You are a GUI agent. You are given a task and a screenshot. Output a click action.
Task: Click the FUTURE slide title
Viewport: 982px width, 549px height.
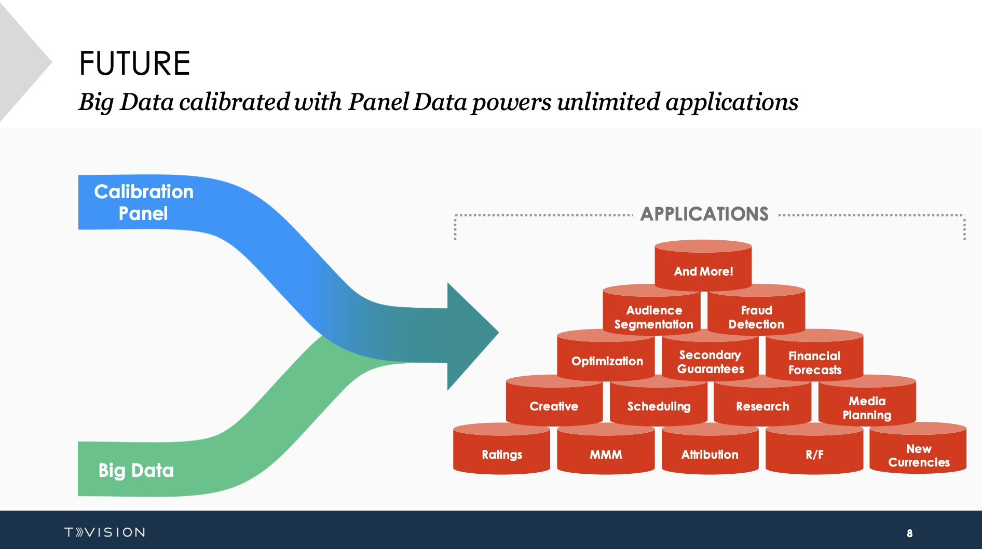point(134,63)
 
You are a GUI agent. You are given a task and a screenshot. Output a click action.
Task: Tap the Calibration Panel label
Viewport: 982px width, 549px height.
point(144,202)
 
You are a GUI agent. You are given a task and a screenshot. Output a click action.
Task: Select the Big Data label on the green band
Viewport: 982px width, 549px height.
point(136,470)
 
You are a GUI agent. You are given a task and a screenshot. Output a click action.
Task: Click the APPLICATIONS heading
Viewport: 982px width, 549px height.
point(704,214)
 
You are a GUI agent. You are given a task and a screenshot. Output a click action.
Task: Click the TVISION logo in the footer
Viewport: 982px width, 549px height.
point(105,532)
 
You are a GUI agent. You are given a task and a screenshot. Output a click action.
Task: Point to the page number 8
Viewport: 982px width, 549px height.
point(909,533)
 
